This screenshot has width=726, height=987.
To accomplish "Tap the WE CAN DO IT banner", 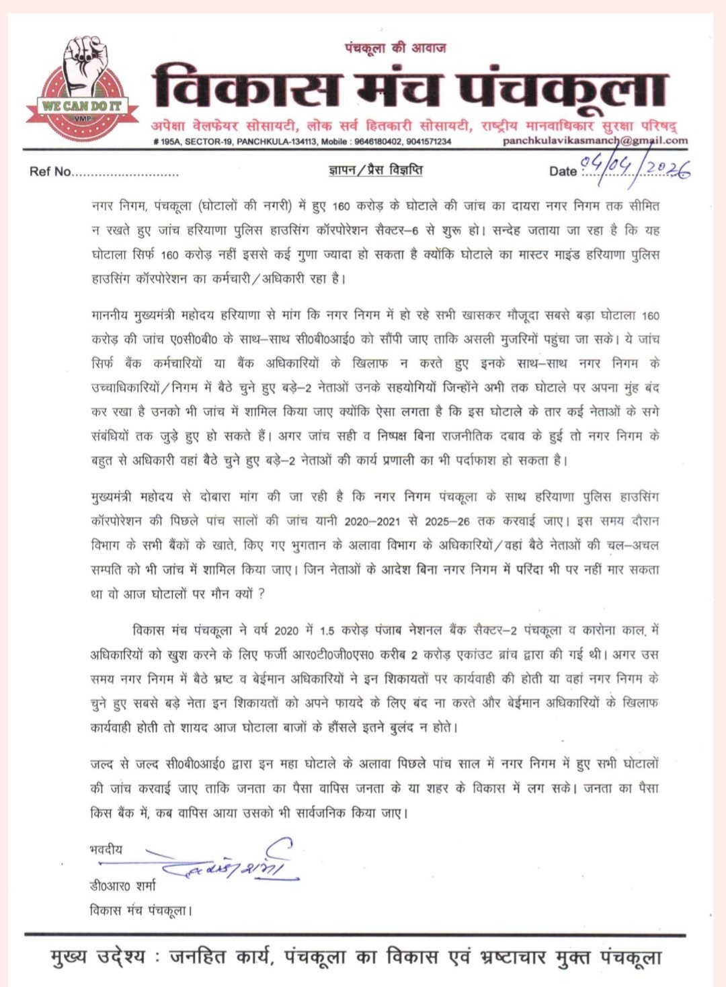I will (x=82, y=106).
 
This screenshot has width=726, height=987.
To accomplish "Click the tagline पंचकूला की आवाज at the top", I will (x=395, y=48).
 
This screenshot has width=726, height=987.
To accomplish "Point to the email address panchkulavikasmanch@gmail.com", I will (x=595, y=141).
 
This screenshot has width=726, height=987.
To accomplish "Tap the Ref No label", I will (x=50, y=171).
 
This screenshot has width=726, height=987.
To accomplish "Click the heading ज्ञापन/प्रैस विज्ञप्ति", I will (x=376, y=169).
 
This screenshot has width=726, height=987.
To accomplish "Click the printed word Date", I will (x=563, y=171).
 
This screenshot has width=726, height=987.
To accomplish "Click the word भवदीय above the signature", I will (x=106, y=849).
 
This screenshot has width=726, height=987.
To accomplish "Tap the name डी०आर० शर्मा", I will (x=123, y=885).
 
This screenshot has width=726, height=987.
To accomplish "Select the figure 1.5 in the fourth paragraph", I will (x=327, y=631).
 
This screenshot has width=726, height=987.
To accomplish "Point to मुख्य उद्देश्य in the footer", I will (x=97, y=957).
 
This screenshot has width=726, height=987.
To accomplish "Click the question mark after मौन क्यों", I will (x=261, y=594).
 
